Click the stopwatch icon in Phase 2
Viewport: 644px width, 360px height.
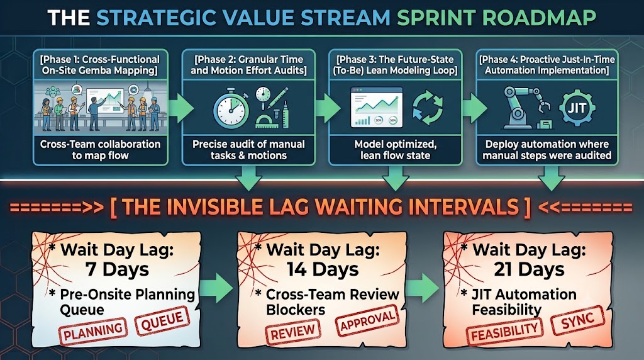230,108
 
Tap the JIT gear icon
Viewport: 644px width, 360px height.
577,108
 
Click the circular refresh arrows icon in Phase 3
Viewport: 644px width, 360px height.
428,108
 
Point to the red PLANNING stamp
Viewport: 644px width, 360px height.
93,331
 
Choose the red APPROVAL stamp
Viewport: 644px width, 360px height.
367,320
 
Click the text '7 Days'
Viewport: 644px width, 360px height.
117,269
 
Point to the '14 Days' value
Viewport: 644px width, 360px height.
323,269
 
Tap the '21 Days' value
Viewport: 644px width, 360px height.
529,269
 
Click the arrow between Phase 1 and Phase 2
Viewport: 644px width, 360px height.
181,108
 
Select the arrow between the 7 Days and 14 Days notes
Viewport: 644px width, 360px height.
217,288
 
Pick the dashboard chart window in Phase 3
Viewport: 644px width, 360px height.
376,108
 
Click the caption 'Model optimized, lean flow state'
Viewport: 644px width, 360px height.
396,150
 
